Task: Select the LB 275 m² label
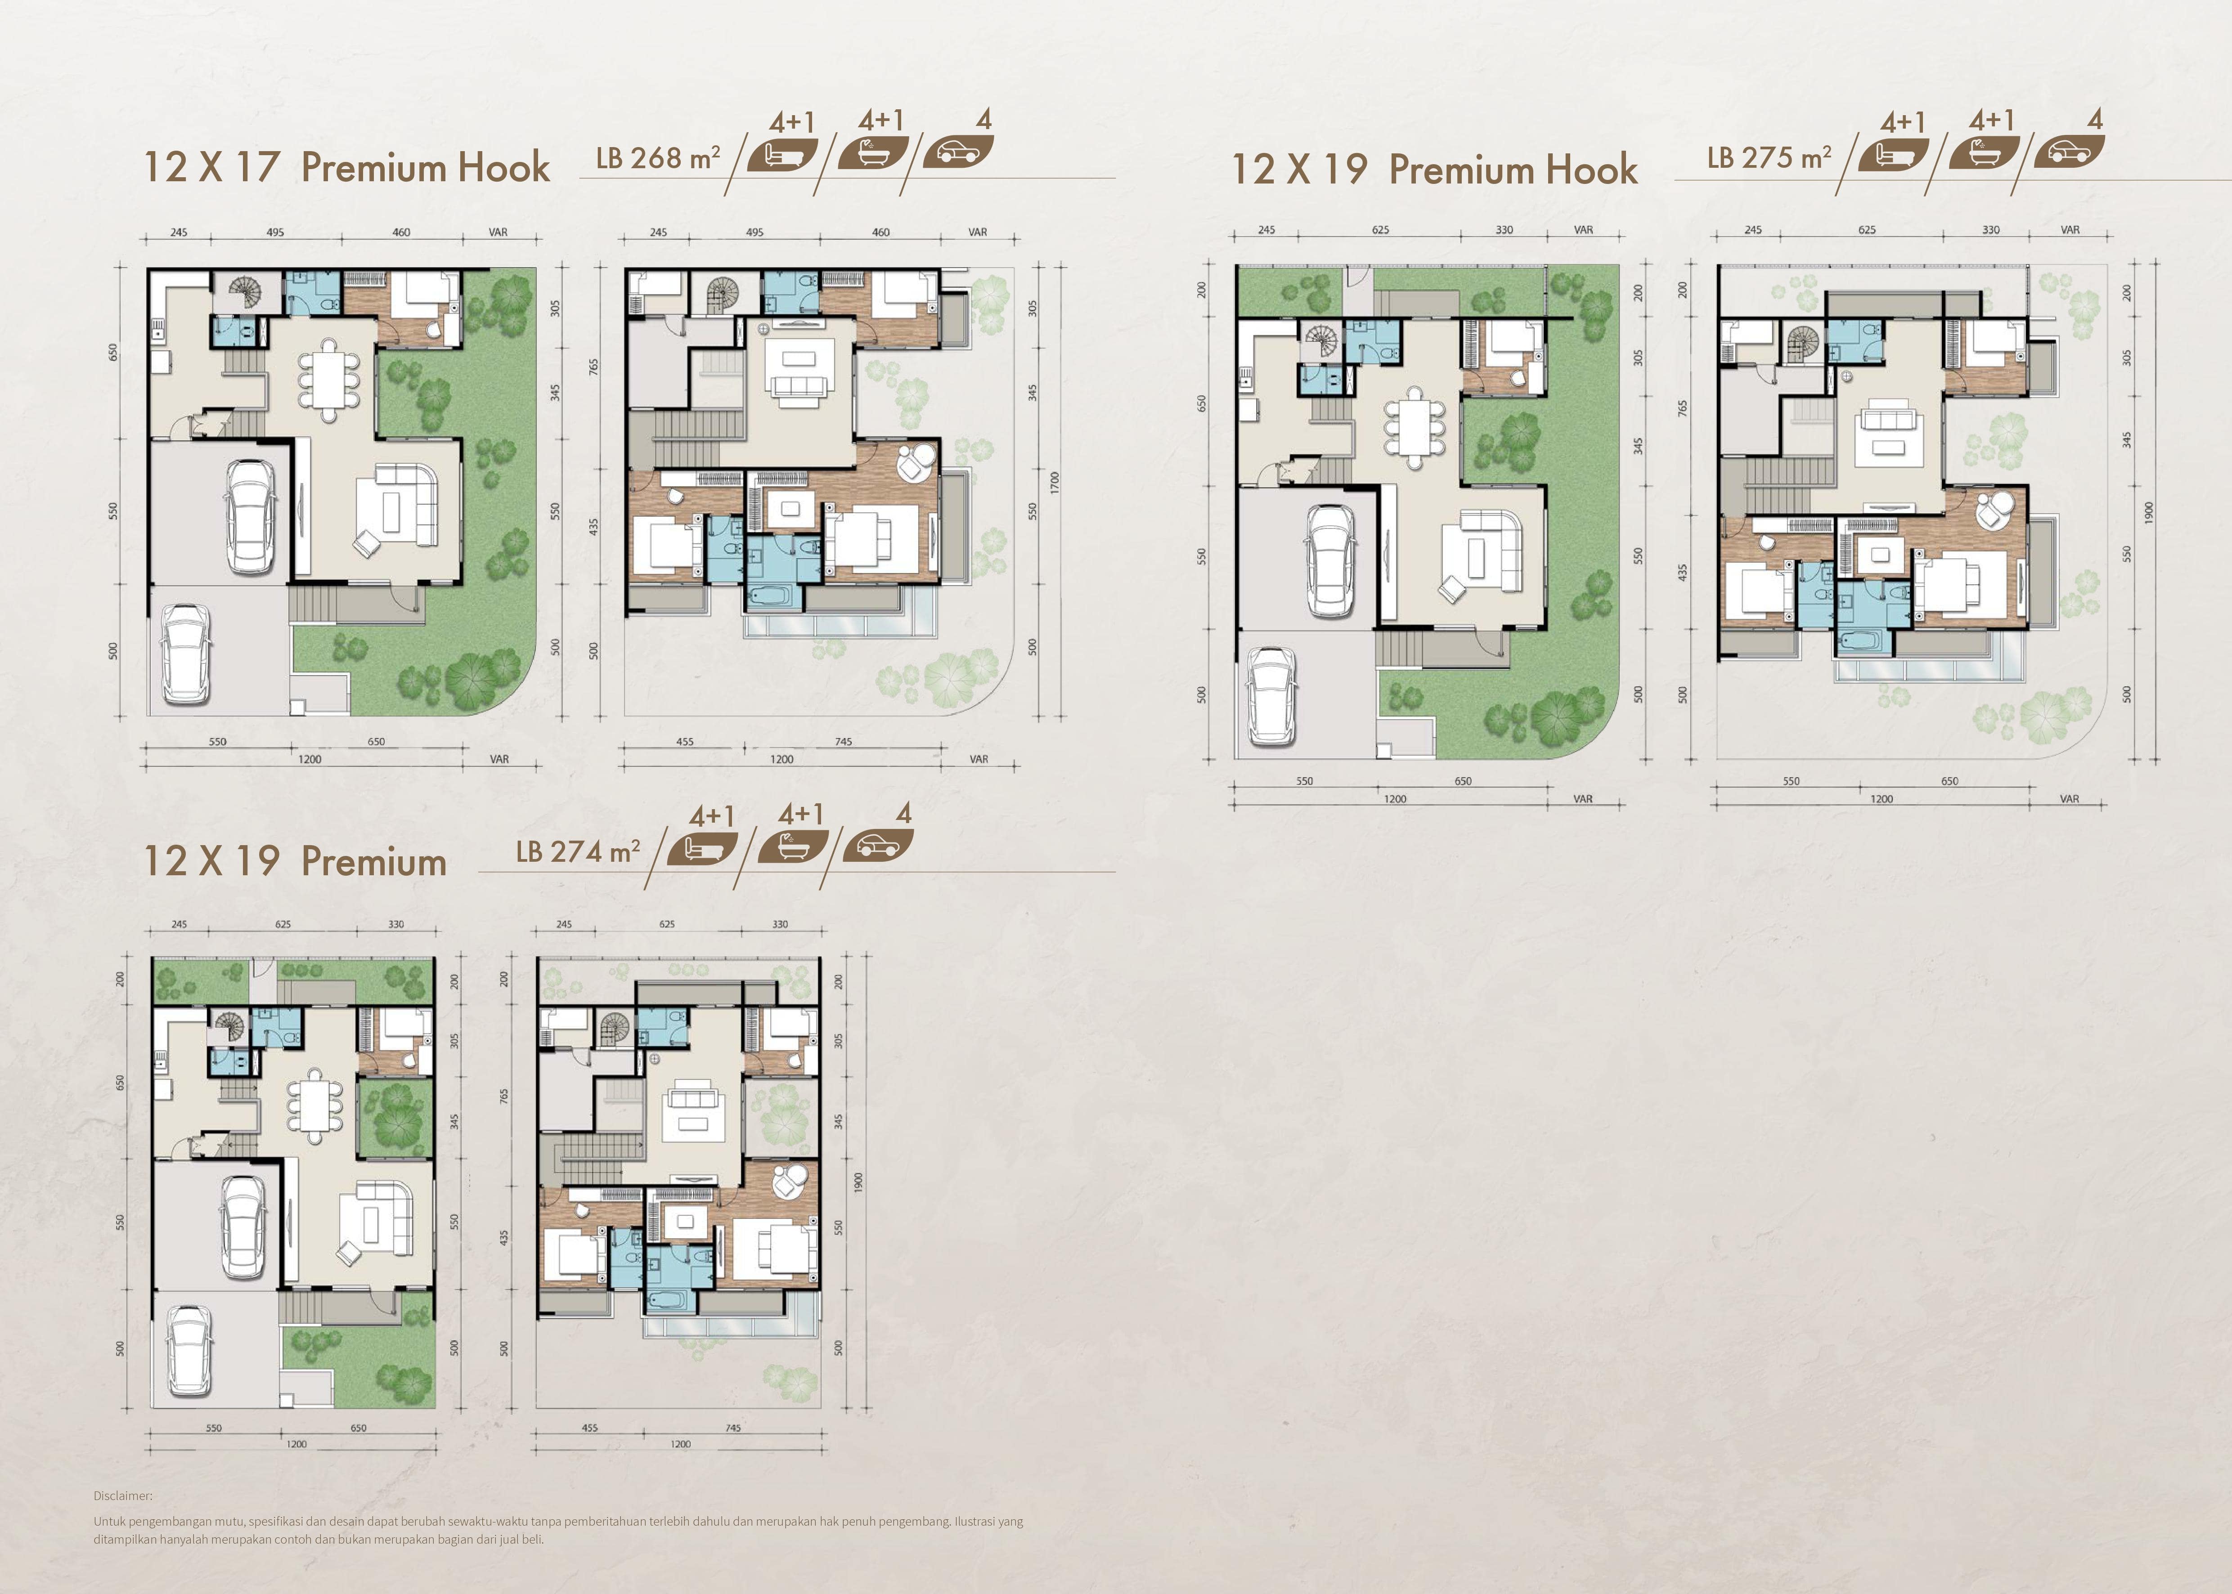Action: [1769, 158]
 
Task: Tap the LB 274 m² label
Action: [578, 851]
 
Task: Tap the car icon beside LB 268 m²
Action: [958, 152]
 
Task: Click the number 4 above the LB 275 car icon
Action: [2096, 120]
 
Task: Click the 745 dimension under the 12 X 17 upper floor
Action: [843, 742]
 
